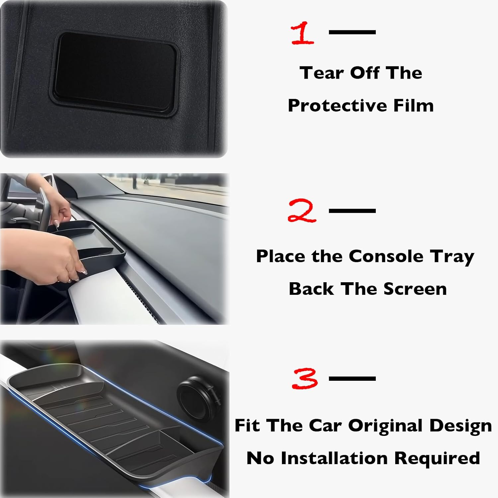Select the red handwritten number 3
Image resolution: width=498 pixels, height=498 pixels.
pyautogui.click(x=305, y=379)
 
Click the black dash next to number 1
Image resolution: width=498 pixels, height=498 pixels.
pyautogui.click(x=352, y=32)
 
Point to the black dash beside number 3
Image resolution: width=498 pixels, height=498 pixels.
pyautogui.click(x=352, y=378)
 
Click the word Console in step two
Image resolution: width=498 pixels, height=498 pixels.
pyautogui.click(x=386, y=256)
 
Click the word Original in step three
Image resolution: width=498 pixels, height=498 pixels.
pyautogui.click(x=385, y=426)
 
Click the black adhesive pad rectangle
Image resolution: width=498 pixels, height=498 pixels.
pyautogui.click(x=115, y=73)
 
